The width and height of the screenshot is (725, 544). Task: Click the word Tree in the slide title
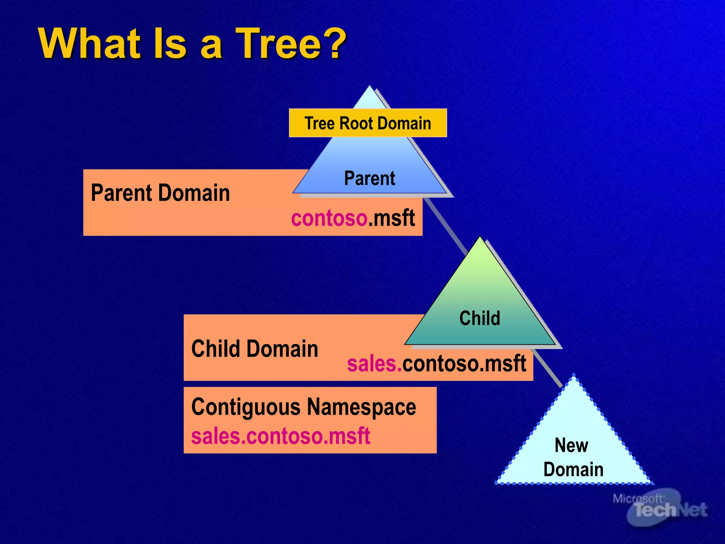tap(278, 44)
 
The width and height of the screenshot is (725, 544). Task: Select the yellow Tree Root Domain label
tap(368, 123)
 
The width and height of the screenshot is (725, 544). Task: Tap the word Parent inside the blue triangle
tap(370, 178)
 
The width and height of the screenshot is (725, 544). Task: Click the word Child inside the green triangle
tap(480, 318)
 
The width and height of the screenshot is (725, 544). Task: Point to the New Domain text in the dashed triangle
tap(573, 457)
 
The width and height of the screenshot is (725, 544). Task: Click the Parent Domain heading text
tap(160, 193)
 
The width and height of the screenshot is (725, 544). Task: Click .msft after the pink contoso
tap(392, 218)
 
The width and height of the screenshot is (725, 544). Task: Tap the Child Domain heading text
tap(255, 349)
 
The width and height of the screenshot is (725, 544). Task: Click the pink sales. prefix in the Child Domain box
tap(374, 364)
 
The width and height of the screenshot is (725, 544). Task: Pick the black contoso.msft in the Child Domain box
tap(464, 364)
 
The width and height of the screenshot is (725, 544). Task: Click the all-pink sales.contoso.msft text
tap(280, 436)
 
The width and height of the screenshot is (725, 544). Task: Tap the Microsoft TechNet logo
tap(660, 506)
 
